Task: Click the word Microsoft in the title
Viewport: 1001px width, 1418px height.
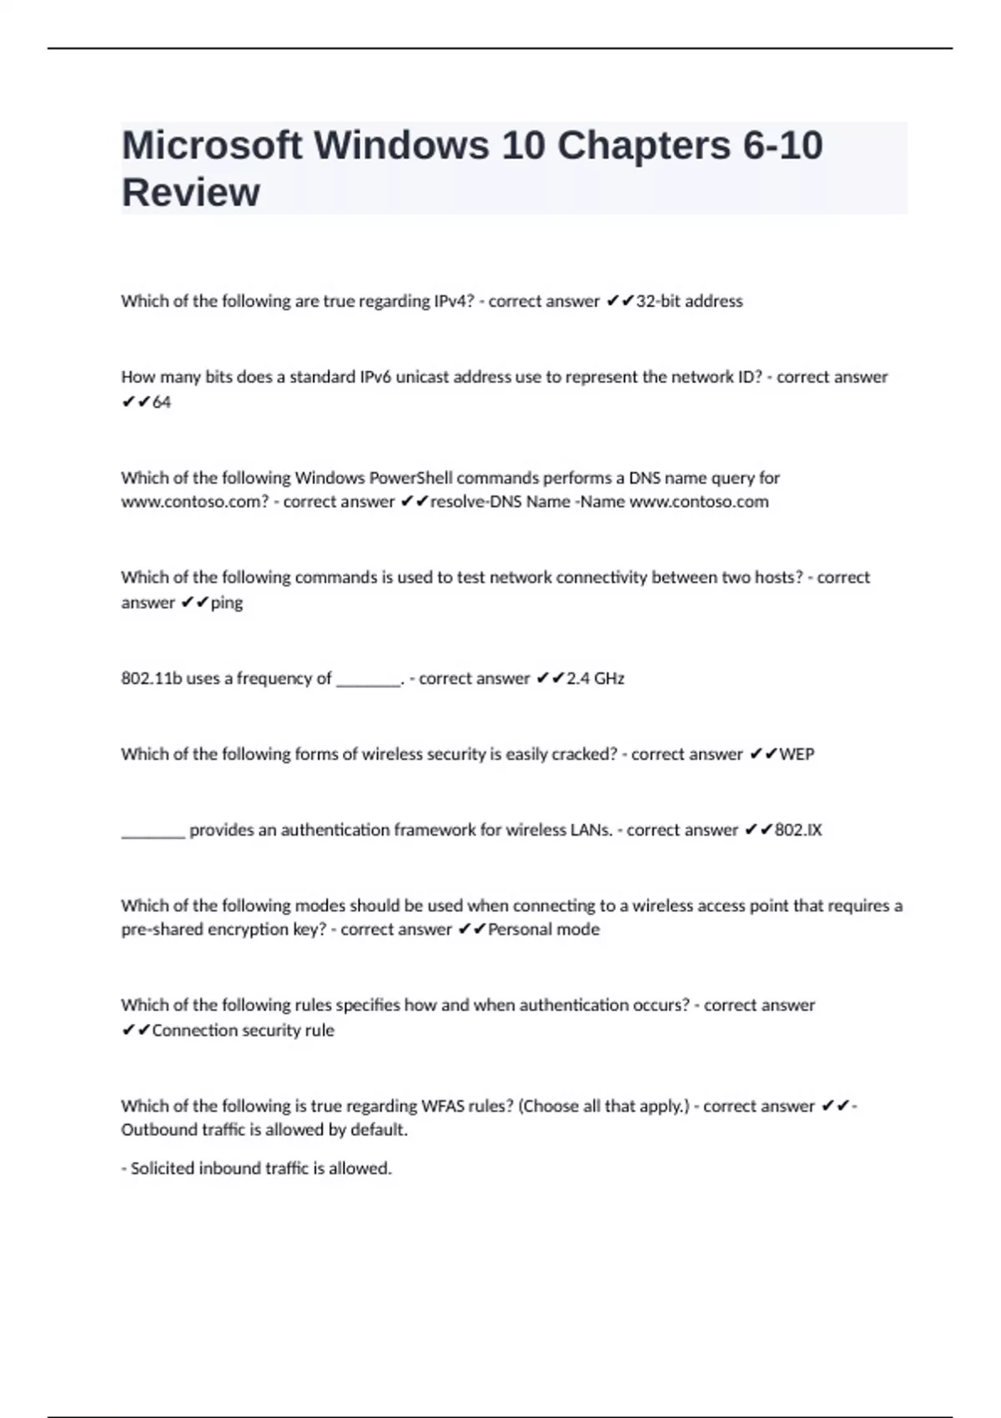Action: point(212,145)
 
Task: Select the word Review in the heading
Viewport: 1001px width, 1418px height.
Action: point(191,192)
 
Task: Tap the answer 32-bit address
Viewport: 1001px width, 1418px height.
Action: point(689,301)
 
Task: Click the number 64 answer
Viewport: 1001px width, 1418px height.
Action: point(162,402)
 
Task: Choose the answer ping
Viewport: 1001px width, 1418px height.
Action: point(227,602)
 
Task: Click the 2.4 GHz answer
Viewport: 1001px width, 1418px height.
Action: point(596,678)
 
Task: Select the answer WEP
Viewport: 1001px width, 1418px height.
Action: point(797,754)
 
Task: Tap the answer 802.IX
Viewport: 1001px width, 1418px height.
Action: point(798,830)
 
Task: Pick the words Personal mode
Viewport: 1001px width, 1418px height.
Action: point(544,929)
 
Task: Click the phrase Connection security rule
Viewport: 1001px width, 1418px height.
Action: point(243,1030)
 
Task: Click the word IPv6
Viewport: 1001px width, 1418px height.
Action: point(375,377)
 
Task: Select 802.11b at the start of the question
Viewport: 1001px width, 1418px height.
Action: point(151,678)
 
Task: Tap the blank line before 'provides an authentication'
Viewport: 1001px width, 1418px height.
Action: point(153,832)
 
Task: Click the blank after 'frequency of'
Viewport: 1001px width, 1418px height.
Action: point(369,681)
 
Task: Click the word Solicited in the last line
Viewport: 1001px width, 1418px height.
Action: point(163,1169)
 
